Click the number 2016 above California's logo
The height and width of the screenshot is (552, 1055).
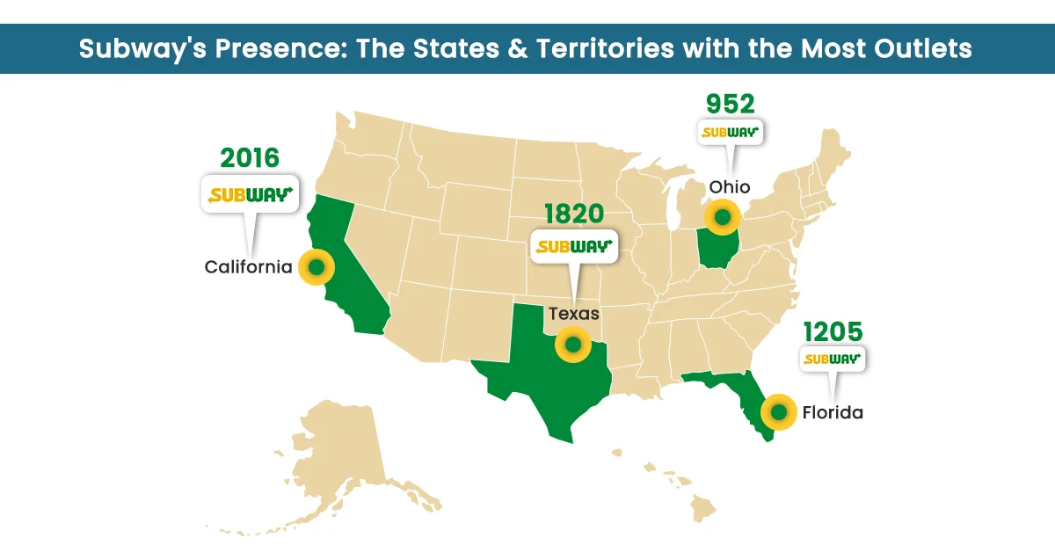[250, 158]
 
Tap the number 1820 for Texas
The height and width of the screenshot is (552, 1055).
[574, 214]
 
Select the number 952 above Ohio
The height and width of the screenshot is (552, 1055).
[731, 105]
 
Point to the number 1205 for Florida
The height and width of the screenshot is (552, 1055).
[833, 331]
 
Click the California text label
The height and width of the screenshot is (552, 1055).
[248, 266]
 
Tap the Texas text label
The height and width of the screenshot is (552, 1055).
[574, 313]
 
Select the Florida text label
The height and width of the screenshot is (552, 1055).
[833, 411]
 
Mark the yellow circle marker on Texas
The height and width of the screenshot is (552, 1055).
[573, 345]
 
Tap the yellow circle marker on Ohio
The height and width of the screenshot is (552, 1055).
[723, 216]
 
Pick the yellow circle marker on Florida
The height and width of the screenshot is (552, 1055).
[778, 411]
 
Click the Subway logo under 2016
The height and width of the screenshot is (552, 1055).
[249, 194]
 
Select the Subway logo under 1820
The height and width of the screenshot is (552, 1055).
[573, 246]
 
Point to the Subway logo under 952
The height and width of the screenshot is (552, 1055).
[730, 133]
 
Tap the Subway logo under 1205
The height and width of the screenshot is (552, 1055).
[833, 359]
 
